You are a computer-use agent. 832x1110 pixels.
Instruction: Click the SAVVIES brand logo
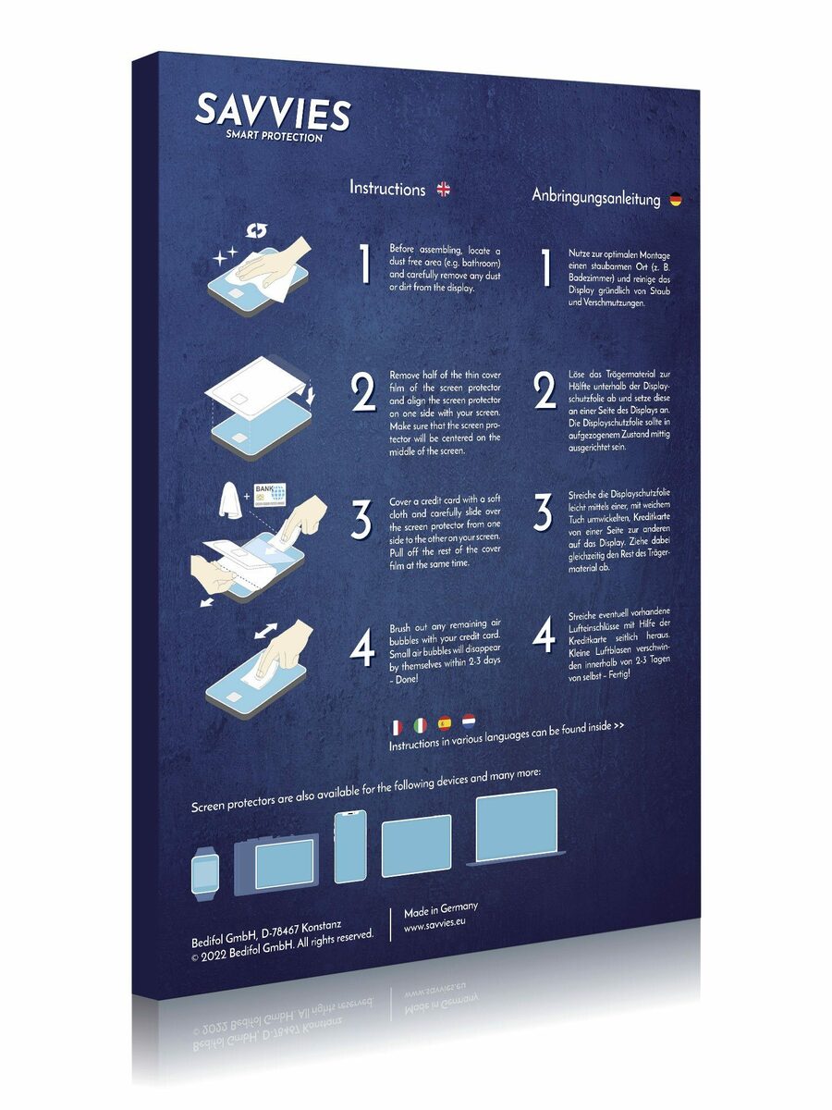[x=273, y=112]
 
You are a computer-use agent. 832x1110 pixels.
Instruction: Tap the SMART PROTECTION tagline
[x=275, y=136]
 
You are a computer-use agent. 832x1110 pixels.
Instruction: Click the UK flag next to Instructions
[x=443, y=190]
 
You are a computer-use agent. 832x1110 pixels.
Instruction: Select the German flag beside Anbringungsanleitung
[x=676, y=200]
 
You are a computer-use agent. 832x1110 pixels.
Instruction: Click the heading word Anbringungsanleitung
[x=596, y=197]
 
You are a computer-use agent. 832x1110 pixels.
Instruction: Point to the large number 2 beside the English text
[x=363, y=392]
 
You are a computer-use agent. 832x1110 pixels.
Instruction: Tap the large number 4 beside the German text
[x=544, y=635]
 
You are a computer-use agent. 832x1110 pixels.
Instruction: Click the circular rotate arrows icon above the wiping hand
[x=257, y=231]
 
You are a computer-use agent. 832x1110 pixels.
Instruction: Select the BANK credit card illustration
[x=270, y=495]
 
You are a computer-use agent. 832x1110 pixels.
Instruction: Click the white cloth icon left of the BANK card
[x=230, y=500]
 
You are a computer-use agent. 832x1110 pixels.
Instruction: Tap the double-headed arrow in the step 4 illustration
[x=265, y=631]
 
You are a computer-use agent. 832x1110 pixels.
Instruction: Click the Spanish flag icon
[x=445, y=723]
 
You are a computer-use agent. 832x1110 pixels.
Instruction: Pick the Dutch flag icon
[x=469, y=721]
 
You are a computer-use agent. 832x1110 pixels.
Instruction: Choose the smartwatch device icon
[x=204, y=878]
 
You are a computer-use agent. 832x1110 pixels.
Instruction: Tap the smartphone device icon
[x=350, y=847]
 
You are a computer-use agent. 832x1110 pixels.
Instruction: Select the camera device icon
[x=276, y=864]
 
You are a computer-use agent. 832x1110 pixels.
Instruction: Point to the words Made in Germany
[x=441, y=910]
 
